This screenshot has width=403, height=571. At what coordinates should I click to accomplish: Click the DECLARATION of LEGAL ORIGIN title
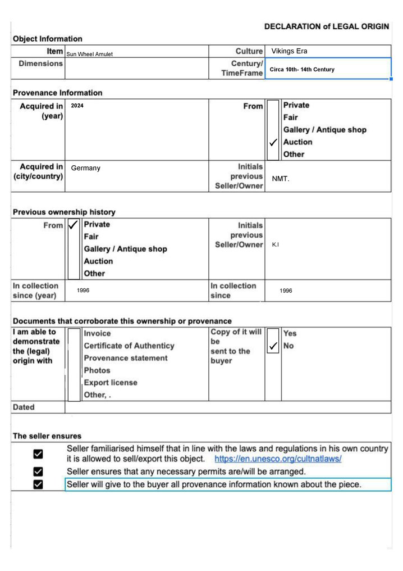click(x=326, y=26)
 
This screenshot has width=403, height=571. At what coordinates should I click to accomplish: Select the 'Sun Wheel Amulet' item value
click(x=90, y=54)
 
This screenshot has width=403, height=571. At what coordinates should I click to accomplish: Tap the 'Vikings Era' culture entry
click(x=289, y=51)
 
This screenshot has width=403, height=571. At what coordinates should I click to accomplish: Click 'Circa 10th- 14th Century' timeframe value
click(x=302, y=70)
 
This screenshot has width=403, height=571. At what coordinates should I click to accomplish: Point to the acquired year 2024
click(x=77, y=106)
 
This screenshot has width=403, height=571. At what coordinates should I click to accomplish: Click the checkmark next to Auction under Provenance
click(x=273, y=143)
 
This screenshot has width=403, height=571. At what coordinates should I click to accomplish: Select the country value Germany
click(x=85, y=168)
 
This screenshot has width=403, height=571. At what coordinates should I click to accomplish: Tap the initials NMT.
click(x=280, y=179)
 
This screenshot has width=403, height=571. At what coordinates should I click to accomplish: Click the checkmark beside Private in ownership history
click(x=73, y=225)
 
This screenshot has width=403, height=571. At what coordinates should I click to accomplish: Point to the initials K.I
click(x=275, y=245)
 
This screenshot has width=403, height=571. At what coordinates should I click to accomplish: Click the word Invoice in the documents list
click(x=97, y=333)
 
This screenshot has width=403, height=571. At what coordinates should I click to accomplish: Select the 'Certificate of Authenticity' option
click(x=129, y=346)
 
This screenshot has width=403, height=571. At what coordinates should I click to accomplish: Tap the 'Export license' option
click(x=111, y=383)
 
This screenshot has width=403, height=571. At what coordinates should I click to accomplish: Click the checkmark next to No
click(x=273, y=346)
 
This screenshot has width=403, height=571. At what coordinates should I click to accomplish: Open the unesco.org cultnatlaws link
click(x=278, y=459)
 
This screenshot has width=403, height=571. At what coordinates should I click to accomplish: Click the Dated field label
click(x=24, y=407)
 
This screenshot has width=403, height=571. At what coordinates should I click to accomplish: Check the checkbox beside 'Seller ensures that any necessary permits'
click(x=38, y=472)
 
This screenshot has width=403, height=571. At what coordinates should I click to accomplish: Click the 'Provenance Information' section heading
click(x=58, y=93)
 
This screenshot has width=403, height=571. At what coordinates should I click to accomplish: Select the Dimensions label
click(x=41, y=64)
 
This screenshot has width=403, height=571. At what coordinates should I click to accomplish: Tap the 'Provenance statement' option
click(x=126, y=358)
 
